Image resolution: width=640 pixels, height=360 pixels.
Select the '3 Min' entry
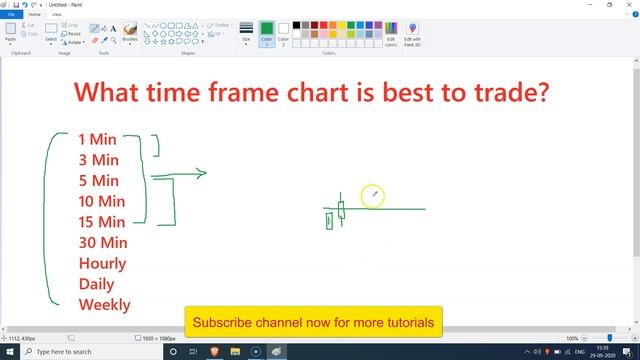click(98, 160)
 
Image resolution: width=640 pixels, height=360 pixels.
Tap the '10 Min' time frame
click(102, 201)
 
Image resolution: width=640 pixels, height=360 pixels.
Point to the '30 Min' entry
click(102, 243)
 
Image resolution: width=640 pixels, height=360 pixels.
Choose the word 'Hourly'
click(102, 264)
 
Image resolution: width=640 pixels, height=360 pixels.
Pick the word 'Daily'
click(98, 284)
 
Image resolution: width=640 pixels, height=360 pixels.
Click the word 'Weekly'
click(104, 305)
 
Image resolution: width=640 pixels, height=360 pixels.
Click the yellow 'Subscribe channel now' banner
click(313, 323)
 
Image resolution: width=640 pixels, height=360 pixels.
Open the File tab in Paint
click(11, 15)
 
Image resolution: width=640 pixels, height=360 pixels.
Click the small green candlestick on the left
click(329, 220)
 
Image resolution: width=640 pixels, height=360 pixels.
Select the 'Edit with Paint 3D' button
click(412, 35)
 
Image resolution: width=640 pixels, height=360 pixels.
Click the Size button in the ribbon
click(246, 35)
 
